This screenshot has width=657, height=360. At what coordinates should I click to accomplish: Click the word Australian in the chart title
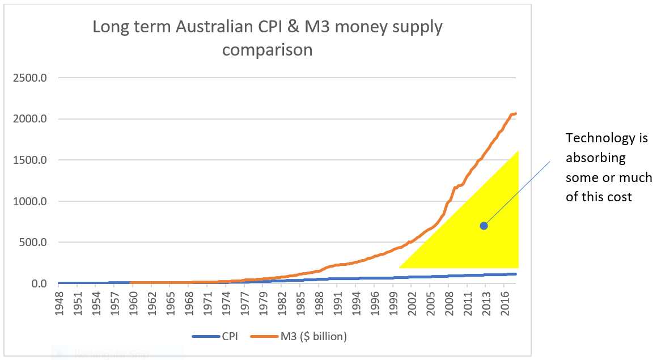214,27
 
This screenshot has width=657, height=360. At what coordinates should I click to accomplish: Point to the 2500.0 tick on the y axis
29,78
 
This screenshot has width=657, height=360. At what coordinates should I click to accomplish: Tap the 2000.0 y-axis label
29,119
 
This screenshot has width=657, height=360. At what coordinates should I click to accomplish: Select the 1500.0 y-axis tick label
29,160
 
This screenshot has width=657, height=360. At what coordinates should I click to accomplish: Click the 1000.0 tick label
29,201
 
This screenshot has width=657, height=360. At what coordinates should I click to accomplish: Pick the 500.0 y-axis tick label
33,242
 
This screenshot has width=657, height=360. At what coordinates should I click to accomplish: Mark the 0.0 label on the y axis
39,283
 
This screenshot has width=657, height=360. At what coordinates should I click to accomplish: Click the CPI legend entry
215,337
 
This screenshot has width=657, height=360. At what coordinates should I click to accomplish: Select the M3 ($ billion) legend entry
299,337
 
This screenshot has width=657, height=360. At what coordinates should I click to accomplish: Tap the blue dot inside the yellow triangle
484,226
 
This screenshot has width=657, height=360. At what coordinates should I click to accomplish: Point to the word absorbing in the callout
595,158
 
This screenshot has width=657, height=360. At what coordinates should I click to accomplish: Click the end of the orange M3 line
515,113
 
